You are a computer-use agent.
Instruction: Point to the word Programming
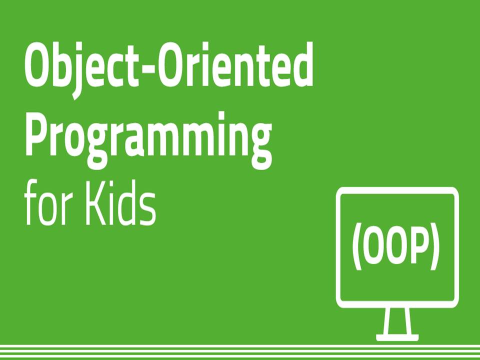[x=148, y=136]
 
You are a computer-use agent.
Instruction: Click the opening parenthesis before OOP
[x=357, y=248]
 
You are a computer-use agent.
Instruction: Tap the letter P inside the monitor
[x=418, y=248]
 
